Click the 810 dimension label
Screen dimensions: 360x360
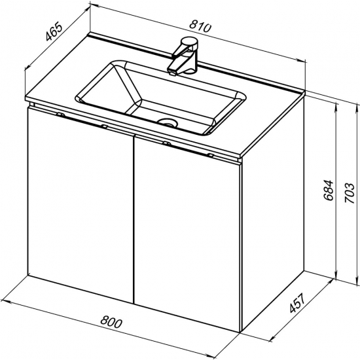click(199, 27)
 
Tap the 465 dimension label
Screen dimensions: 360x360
click(54, 31)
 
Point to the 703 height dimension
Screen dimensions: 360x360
click(350, 193)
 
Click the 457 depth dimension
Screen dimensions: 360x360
click(297, 303)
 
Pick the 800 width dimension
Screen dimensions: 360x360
click(111, 321)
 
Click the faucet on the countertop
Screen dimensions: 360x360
click(184, 57)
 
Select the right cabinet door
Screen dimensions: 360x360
click(188, 232)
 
